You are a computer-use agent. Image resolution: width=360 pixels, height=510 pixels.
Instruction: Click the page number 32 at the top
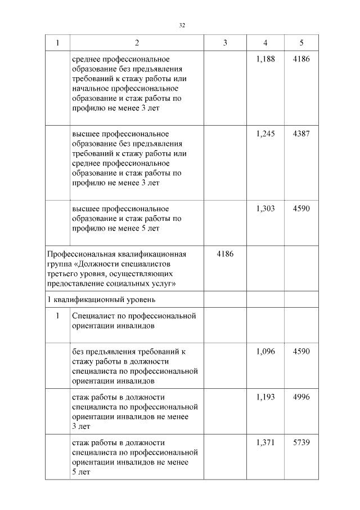click(x=182, y=25)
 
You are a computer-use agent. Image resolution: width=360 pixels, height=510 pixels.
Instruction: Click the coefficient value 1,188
click(x=265, y=59)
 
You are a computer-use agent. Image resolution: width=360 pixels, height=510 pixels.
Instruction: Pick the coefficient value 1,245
click(x=265, y=134)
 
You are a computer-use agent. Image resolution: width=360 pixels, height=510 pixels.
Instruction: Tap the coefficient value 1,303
click(x=265, y=209)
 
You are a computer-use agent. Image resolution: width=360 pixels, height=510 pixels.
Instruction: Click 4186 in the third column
click(x=225, y=254)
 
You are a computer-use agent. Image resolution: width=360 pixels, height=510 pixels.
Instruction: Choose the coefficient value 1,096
click(x=265, y=352)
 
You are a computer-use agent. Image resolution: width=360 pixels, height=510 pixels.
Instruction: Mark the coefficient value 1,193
click(x=265, y=397)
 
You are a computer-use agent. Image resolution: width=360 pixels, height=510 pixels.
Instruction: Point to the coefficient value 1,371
click(x=265, y=443)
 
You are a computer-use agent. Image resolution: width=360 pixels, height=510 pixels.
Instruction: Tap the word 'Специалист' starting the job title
click(x=92, y=316)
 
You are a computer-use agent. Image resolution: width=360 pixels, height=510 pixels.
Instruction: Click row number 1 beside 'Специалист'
click(x=57, y=316)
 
